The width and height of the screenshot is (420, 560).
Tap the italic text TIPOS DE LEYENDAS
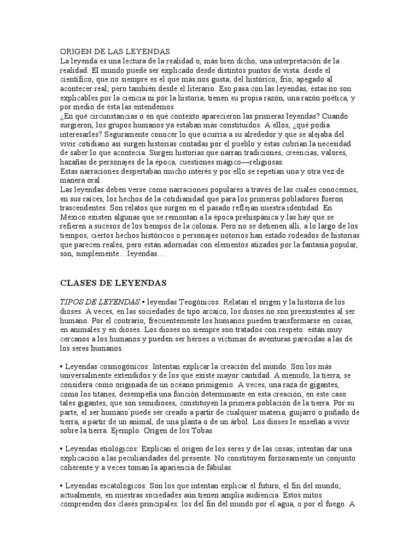100,302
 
